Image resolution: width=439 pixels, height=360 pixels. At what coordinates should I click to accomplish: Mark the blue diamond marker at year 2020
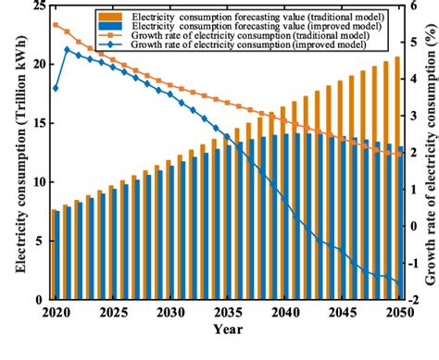56,88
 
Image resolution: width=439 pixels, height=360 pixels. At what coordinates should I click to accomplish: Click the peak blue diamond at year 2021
67,50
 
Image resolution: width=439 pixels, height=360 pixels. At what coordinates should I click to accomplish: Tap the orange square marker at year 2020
56,25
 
